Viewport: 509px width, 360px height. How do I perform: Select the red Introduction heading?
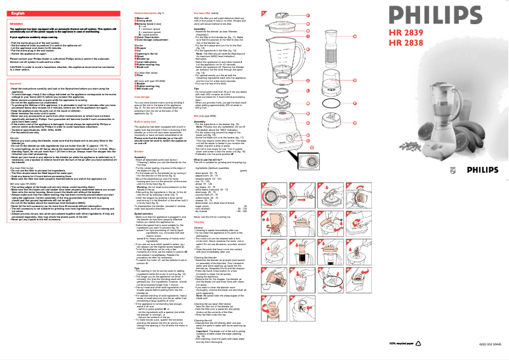click(x=17, y=23)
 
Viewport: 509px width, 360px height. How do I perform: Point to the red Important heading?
click(x=17, y=83)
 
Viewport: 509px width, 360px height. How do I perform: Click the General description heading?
click(x=149, y=13)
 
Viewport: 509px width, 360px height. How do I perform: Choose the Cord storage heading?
click(x=143, y=97)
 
